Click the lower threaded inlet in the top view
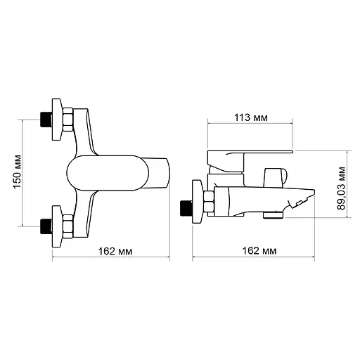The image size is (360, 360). pos(47,226)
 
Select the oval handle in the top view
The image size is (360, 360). pos(105,172)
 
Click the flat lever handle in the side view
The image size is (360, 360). pos(250,153)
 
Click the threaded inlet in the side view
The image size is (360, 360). pos(186,207)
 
